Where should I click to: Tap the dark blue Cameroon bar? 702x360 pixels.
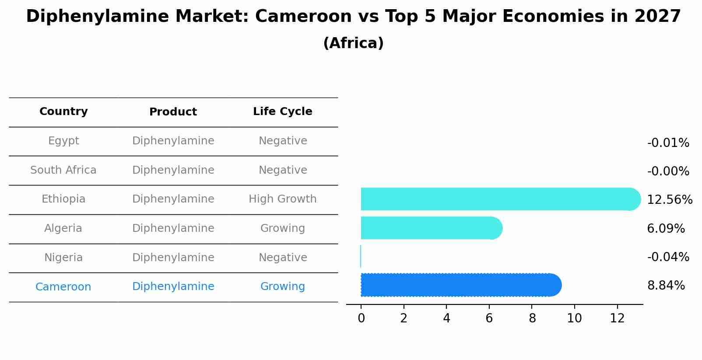tap(460, 285)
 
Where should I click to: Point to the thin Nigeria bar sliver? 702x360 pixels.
tap(361, 256)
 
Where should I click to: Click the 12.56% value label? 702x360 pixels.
tap(669, 200)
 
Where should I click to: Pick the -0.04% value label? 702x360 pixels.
tap(668, 257)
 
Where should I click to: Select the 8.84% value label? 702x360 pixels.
tap(666, 286)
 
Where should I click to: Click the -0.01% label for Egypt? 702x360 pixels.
tap(668, 143)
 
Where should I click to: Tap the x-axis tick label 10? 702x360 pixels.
tap(574, 318)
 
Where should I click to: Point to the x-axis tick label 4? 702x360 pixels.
tap(446, 318)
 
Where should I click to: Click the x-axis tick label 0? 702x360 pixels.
tap(361, 318)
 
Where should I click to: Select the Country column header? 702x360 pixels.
tap(63, 112)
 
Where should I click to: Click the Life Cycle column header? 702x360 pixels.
tap(282, 112)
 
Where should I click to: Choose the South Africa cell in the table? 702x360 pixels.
tap(63, 170)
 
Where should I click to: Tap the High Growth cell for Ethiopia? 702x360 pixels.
tap(282, 199)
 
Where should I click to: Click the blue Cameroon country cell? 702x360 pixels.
tap(63, 287)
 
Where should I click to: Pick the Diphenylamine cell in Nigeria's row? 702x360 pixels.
tap(173, 258)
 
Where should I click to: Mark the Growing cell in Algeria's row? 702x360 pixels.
tap(282, 228)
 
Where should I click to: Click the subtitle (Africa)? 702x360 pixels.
tap(353, 43)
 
